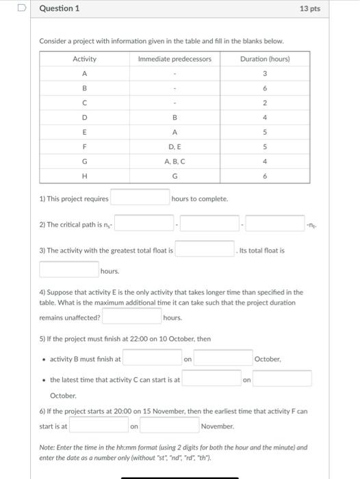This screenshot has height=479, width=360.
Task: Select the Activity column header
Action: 84,59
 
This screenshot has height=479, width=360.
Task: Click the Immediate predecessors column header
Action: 175,59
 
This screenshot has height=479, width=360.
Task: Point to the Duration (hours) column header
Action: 265,59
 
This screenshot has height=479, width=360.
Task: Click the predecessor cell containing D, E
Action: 175,146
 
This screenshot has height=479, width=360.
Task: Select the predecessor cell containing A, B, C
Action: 175,161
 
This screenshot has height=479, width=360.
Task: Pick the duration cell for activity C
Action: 265,103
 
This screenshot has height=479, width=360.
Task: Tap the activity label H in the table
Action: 84,176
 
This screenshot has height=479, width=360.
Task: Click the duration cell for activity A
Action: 265,73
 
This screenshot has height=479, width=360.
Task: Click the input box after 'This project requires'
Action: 140,198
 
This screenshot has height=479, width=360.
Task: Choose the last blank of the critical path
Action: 275,224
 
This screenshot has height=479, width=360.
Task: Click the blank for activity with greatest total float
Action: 205,250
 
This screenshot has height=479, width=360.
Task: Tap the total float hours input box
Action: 68,271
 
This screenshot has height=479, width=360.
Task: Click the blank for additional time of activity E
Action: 131,317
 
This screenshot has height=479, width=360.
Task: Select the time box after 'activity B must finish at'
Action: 152,358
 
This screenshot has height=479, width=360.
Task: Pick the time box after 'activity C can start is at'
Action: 211,378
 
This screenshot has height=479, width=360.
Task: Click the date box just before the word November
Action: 169,426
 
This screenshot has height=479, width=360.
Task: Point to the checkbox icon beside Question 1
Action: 22,9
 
